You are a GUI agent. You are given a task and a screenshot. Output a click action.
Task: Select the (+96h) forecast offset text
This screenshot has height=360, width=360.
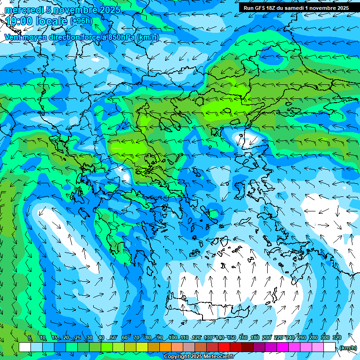coord(81,21)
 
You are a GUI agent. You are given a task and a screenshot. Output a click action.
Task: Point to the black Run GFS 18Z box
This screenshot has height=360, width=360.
coord(296,7)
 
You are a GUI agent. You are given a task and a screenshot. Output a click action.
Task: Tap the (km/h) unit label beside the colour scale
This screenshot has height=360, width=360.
coord(347,348)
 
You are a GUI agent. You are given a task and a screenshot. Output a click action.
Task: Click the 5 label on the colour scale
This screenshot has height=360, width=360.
coord(30,337)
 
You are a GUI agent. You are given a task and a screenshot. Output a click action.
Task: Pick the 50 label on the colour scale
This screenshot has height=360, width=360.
coord(113,337)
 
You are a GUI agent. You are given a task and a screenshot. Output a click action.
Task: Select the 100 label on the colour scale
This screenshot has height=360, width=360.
coord(172,337)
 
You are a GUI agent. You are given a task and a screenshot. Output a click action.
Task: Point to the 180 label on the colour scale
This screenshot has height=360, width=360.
coord(255,337)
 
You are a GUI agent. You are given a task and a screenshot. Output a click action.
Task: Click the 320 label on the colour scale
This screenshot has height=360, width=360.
coord(337,337)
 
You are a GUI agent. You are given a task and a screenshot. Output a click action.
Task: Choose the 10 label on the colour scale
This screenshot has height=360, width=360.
coord(43,337)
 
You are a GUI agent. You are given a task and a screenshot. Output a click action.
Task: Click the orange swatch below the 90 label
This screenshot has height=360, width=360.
coord(165,347)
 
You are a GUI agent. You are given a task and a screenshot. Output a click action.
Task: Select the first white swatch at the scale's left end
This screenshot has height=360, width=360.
coord(25,347)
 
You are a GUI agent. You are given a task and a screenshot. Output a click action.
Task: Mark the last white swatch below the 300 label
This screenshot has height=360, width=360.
coord(330,347)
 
